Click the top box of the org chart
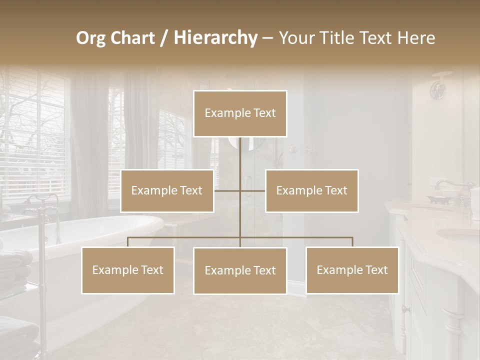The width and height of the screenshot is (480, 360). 240,113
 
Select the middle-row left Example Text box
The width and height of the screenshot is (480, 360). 167,190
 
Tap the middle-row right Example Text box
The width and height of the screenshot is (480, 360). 311,190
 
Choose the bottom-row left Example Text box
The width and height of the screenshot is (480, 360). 128,270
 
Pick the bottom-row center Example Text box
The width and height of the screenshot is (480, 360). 240,270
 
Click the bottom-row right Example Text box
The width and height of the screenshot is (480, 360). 352,270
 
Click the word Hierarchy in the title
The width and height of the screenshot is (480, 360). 215,37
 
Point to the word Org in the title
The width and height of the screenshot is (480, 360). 91,38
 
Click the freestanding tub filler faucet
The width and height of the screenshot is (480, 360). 40,210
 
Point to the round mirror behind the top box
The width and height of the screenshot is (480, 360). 240,143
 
